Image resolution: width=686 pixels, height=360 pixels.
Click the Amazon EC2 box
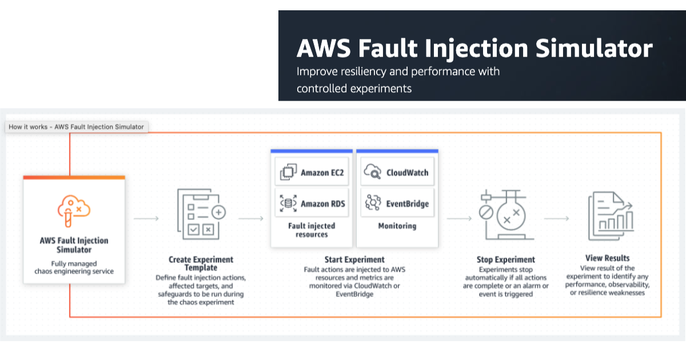pos(312,173)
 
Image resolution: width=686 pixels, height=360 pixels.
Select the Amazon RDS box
pos(312,203)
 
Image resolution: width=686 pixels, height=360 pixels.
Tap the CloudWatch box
pos(397,172)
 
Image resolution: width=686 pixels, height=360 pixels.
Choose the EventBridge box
pos(397,203)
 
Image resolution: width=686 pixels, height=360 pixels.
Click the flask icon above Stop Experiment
pos(505,217)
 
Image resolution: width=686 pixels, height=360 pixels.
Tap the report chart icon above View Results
pos(608,217)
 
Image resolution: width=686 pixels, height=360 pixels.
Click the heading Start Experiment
pos(354,259)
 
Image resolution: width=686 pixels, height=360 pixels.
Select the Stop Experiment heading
pos(505,259)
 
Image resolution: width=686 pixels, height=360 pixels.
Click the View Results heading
pos(608,258)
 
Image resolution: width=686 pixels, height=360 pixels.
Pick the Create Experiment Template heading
pos(201,263)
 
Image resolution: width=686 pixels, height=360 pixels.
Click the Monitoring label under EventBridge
pos(397,226)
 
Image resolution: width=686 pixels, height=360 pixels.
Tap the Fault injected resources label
pos(312,230)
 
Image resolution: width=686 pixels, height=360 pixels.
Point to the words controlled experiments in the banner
pos(354,89)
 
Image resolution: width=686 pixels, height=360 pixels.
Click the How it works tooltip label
pos(76,127)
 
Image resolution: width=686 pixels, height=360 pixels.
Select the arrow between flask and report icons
pos(556,218)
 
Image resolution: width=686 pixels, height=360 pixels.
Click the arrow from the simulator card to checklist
pos(146,218)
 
